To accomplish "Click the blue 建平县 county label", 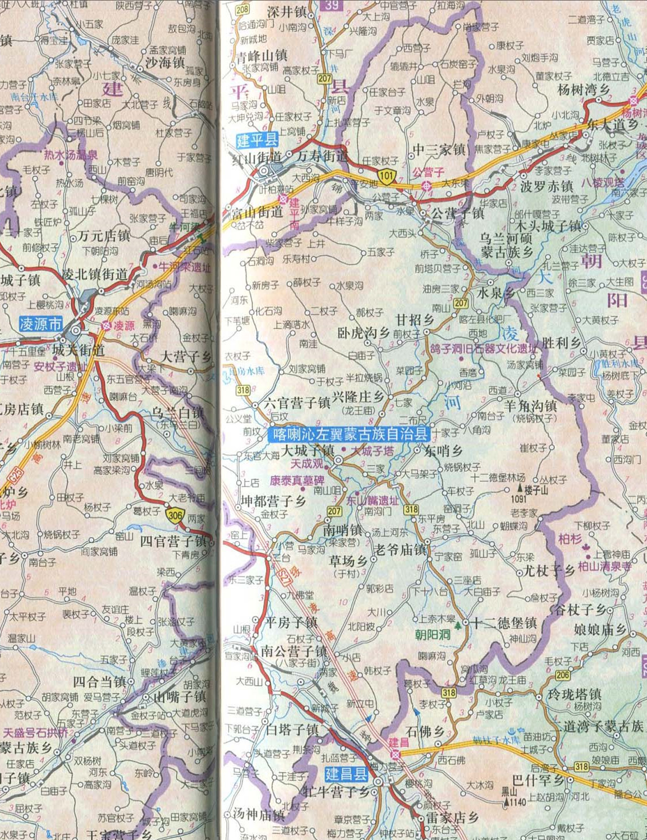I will [257, 140].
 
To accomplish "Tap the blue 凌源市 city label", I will [40, 324].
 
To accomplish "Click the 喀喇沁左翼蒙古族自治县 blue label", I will [349, 434].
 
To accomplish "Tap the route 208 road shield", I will [242, 9].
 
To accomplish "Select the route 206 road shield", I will [563, 675].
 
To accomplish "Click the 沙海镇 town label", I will [165, 63].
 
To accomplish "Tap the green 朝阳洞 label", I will [433, 635].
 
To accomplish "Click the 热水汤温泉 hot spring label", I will [71, 155].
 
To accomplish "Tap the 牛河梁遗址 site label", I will [184, 267].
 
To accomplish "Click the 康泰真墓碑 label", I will [298, 481].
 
